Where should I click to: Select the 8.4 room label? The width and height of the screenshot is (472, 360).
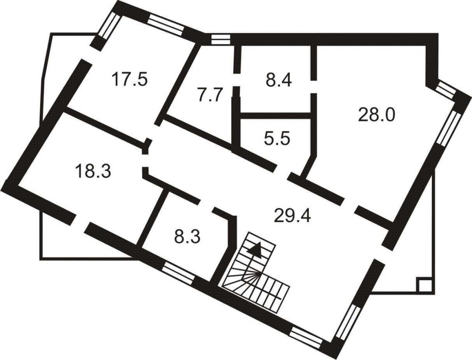click(x=278, y=81)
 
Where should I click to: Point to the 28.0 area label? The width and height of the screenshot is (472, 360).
click(x=376, y=115)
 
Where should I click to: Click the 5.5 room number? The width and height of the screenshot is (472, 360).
click(x=277, y=139)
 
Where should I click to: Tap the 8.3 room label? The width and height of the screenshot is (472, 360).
click(x=187, y=237)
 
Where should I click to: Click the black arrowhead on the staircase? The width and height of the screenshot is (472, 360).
click(x=254, y=248)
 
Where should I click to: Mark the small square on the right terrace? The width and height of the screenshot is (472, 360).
click(x=425, y=285)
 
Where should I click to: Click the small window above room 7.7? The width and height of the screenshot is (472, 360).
click(x=220, y=40)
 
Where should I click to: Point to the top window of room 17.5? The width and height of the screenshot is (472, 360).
click(x=166, y=24)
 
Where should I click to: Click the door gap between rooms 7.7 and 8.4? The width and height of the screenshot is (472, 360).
click(x=237, y=80)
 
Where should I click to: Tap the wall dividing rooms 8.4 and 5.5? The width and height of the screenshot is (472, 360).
click(x=276, y=116)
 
